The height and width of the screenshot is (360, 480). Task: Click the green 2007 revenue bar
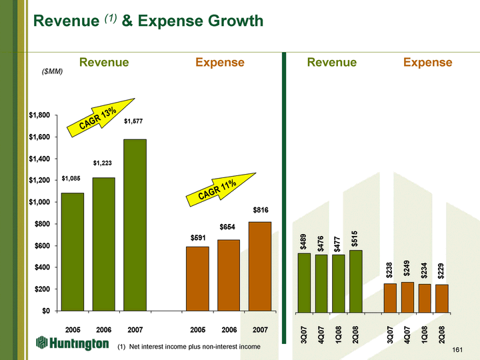(x=135, y=225)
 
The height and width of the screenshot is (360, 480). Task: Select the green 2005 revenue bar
(x=73, y=251)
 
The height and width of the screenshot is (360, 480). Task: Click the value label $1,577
(x=133, y=121)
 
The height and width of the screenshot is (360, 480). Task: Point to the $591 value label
(x=198, y=237)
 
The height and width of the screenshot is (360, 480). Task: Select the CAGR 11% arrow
(x=221, y=191)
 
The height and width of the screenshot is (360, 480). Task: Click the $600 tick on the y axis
(x=41, y=245)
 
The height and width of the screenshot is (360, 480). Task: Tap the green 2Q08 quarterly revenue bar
(x=355, y=281)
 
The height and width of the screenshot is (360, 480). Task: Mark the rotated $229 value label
(x=441, y=273)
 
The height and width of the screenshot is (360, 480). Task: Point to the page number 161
(x=457, y=349)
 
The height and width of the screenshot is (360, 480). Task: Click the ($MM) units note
(x=52, y=71)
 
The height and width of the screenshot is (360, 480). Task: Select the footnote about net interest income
(x=189, y=347)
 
